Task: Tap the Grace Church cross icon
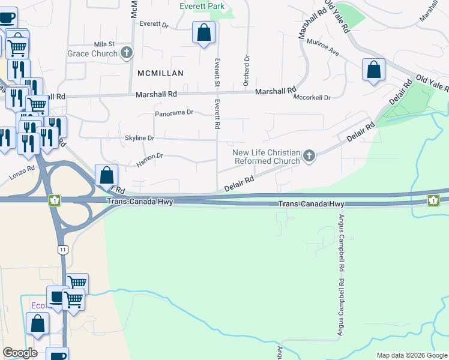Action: pos(126,54)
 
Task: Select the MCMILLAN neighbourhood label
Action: pos(160,73)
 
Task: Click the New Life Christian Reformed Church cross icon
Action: pos(309,156)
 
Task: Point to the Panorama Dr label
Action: pos(174,113)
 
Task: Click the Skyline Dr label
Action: pos(139,138)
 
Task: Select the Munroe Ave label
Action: pos(322,48)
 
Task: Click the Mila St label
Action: pos(104,44)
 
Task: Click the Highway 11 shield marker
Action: pos(62,248)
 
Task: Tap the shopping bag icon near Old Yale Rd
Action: pos(373,70)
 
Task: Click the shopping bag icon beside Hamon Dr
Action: pos(106,175)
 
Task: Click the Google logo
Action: pos(20,353)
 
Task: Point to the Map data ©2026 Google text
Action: pos(411,355)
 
